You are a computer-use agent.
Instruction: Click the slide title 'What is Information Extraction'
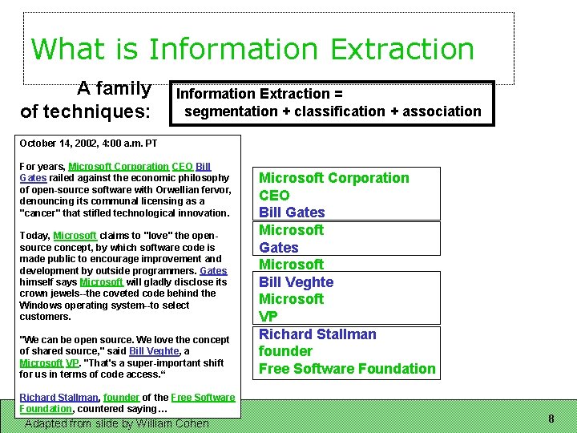click(252, 49)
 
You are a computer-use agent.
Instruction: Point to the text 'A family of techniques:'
click(86, 99)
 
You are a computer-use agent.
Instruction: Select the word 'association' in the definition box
click(442, 111)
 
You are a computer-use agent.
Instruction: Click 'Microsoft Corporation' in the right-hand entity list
click(333, 178)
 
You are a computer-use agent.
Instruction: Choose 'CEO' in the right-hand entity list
click(274, 195)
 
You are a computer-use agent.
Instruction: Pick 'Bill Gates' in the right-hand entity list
click(292, 212)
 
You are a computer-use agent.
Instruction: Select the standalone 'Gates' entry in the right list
click(278, 248)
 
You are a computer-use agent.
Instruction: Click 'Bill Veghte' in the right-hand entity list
click(296, 282)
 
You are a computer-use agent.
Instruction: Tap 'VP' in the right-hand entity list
click(268, 317)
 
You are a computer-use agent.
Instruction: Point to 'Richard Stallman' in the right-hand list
click(317, 334)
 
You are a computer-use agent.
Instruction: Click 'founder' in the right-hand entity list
click(285, 351)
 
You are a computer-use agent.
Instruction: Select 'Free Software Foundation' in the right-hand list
click(347, 369)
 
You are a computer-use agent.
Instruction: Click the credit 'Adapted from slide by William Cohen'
click(117, 423)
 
